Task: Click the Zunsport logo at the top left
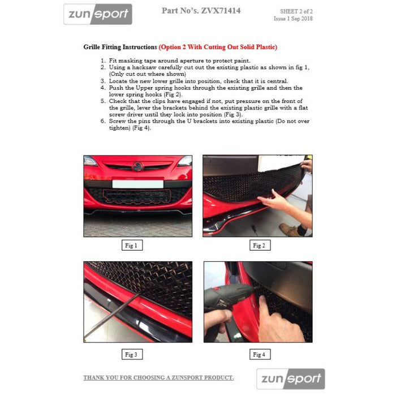pyautogui.click(x=97, y=14)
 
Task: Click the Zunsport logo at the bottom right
pyautogui.click(x=291, y=378)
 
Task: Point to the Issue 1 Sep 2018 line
pyautogui.click(x=293, y=19)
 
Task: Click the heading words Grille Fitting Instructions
pyautogui.click(x=120, y=47)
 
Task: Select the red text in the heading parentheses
pyautogui.click(x=218, y=47)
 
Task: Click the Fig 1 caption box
pyautogui.click(x=131, y=246)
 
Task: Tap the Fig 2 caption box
pyautogui.click(x=258, y=246)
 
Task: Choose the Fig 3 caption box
pyautogui.click(x=131, y=354)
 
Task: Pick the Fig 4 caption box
pyautogui.click(x=258, y=354)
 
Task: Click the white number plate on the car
pyautogui.click(x=137, y=184)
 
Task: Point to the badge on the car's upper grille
pyautogui.click(x=137, y=166)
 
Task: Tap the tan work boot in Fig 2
pyautogui.click(x=290, y=230)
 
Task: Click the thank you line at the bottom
pyautogui.click(x=158, y=377)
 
